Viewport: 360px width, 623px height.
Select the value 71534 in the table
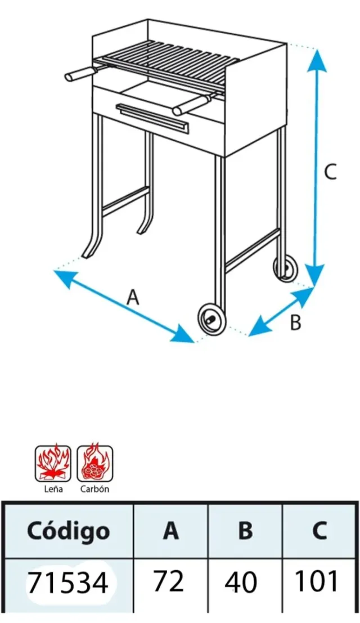[68, 582]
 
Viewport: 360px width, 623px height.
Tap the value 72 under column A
[169, 581]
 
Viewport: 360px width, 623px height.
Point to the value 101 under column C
[317, 581]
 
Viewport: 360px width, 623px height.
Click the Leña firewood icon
[53, 463]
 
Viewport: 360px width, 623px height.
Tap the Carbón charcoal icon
[94, 463]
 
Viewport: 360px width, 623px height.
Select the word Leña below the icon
[53, 488]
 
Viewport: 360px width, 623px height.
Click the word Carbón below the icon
[94, 488]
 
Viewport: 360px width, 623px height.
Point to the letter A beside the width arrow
[133, 297]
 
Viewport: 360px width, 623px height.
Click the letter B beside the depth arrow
[295, 322]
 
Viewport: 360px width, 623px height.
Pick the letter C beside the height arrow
[330, 172]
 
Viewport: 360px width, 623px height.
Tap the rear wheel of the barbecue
[285, 268]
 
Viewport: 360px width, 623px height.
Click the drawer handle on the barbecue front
[152, 119]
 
